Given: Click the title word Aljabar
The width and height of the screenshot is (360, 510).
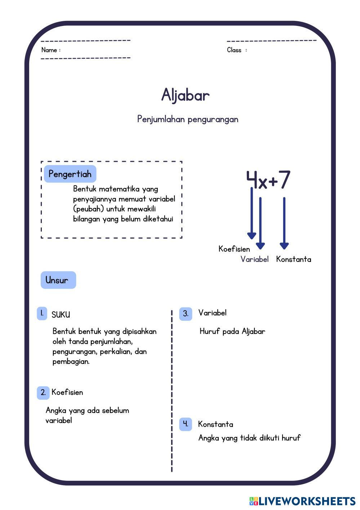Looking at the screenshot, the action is coord(185,95).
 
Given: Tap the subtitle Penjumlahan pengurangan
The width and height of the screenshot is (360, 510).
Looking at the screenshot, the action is coord(187,119).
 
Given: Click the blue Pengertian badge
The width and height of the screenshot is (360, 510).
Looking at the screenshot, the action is coord(70,174).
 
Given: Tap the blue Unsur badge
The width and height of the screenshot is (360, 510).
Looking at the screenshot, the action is coord(58,280).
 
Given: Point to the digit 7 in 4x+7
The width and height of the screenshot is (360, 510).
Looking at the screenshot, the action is coord(284,180).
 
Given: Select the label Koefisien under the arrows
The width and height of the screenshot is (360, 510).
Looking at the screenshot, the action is coord(234,249).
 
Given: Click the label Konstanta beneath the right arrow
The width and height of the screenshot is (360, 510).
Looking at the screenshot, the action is coord(293,259).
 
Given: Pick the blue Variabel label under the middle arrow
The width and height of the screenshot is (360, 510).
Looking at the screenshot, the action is coord(254,259).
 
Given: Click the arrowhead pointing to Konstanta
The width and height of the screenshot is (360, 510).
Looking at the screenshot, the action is coord(284,246).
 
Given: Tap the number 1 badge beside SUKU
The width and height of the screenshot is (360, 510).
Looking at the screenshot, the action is coord(42,314).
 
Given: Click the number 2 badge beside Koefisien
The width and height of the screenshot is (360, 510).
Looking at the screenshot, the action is coord(43,393).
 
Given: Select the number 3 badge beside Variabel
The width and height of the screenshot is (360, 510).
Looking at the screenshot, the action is coord(185,314).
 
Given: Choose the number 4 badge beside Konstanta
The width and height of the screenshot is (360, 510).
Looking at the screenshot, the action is coord(185,424).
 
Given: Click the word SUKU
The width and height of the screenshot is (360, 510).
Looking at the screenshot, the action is coord(61,315).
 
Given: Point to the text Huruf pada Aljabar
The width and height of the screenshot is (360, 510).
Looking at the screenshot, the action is coord(232,331).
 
